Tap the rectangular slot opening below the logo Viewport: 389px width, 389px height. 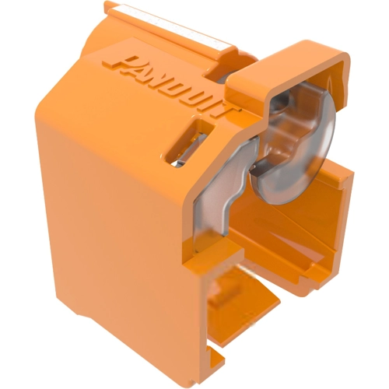[189, 143]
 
